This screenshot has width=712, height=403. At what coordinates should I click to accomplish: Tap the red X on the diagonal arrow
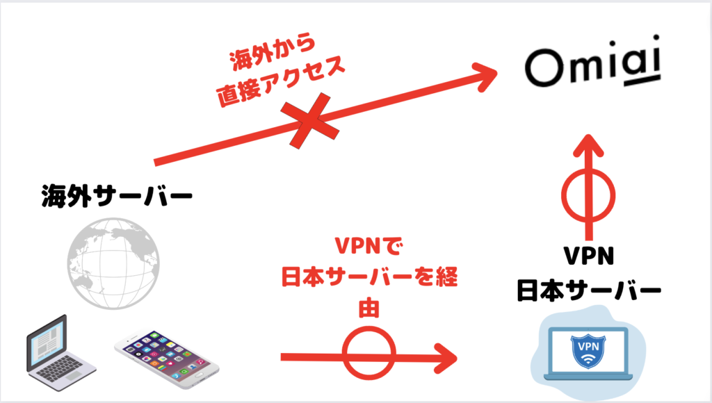(310, 121)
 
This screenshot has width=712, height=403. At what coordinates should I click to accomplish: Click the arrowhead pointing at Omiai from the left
(484, 77)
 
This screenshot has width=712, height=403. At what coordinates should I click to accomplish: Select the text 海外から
(272, 51)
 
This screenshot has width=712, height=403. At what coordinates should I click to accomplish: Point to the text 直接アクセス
(281, 82)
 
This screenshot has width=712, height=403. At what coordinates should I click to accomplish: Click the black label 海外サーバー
(117, 197)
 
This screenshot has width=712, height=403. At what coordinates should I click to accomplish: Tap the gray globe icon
(113, 263)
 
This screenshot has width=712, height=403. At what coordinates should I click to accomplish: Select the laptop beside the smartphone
(60, 352)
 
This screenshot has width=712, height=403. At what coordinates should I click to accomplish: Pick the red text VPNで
(369, 246)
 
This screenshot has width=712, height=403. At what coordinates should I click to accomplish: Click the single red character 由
(369, 309)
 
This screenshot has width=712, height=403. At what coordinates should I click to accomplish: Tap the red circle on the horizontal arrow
(369, 353)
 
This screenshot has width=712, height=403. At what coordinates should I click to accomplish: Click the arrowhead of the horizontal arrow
(446, 358)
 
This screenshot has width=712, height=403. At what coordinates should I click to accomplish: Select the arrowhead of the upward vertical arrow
(588, 146)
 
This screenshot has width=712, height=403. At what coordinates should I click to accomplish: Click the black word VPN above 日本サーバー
(589, 256)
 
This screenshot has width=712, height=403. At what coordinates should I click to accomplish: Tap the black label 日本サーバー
(589, 290)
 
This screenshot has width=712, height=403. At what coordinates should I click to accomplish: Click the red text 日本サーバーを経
(369, 277)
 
